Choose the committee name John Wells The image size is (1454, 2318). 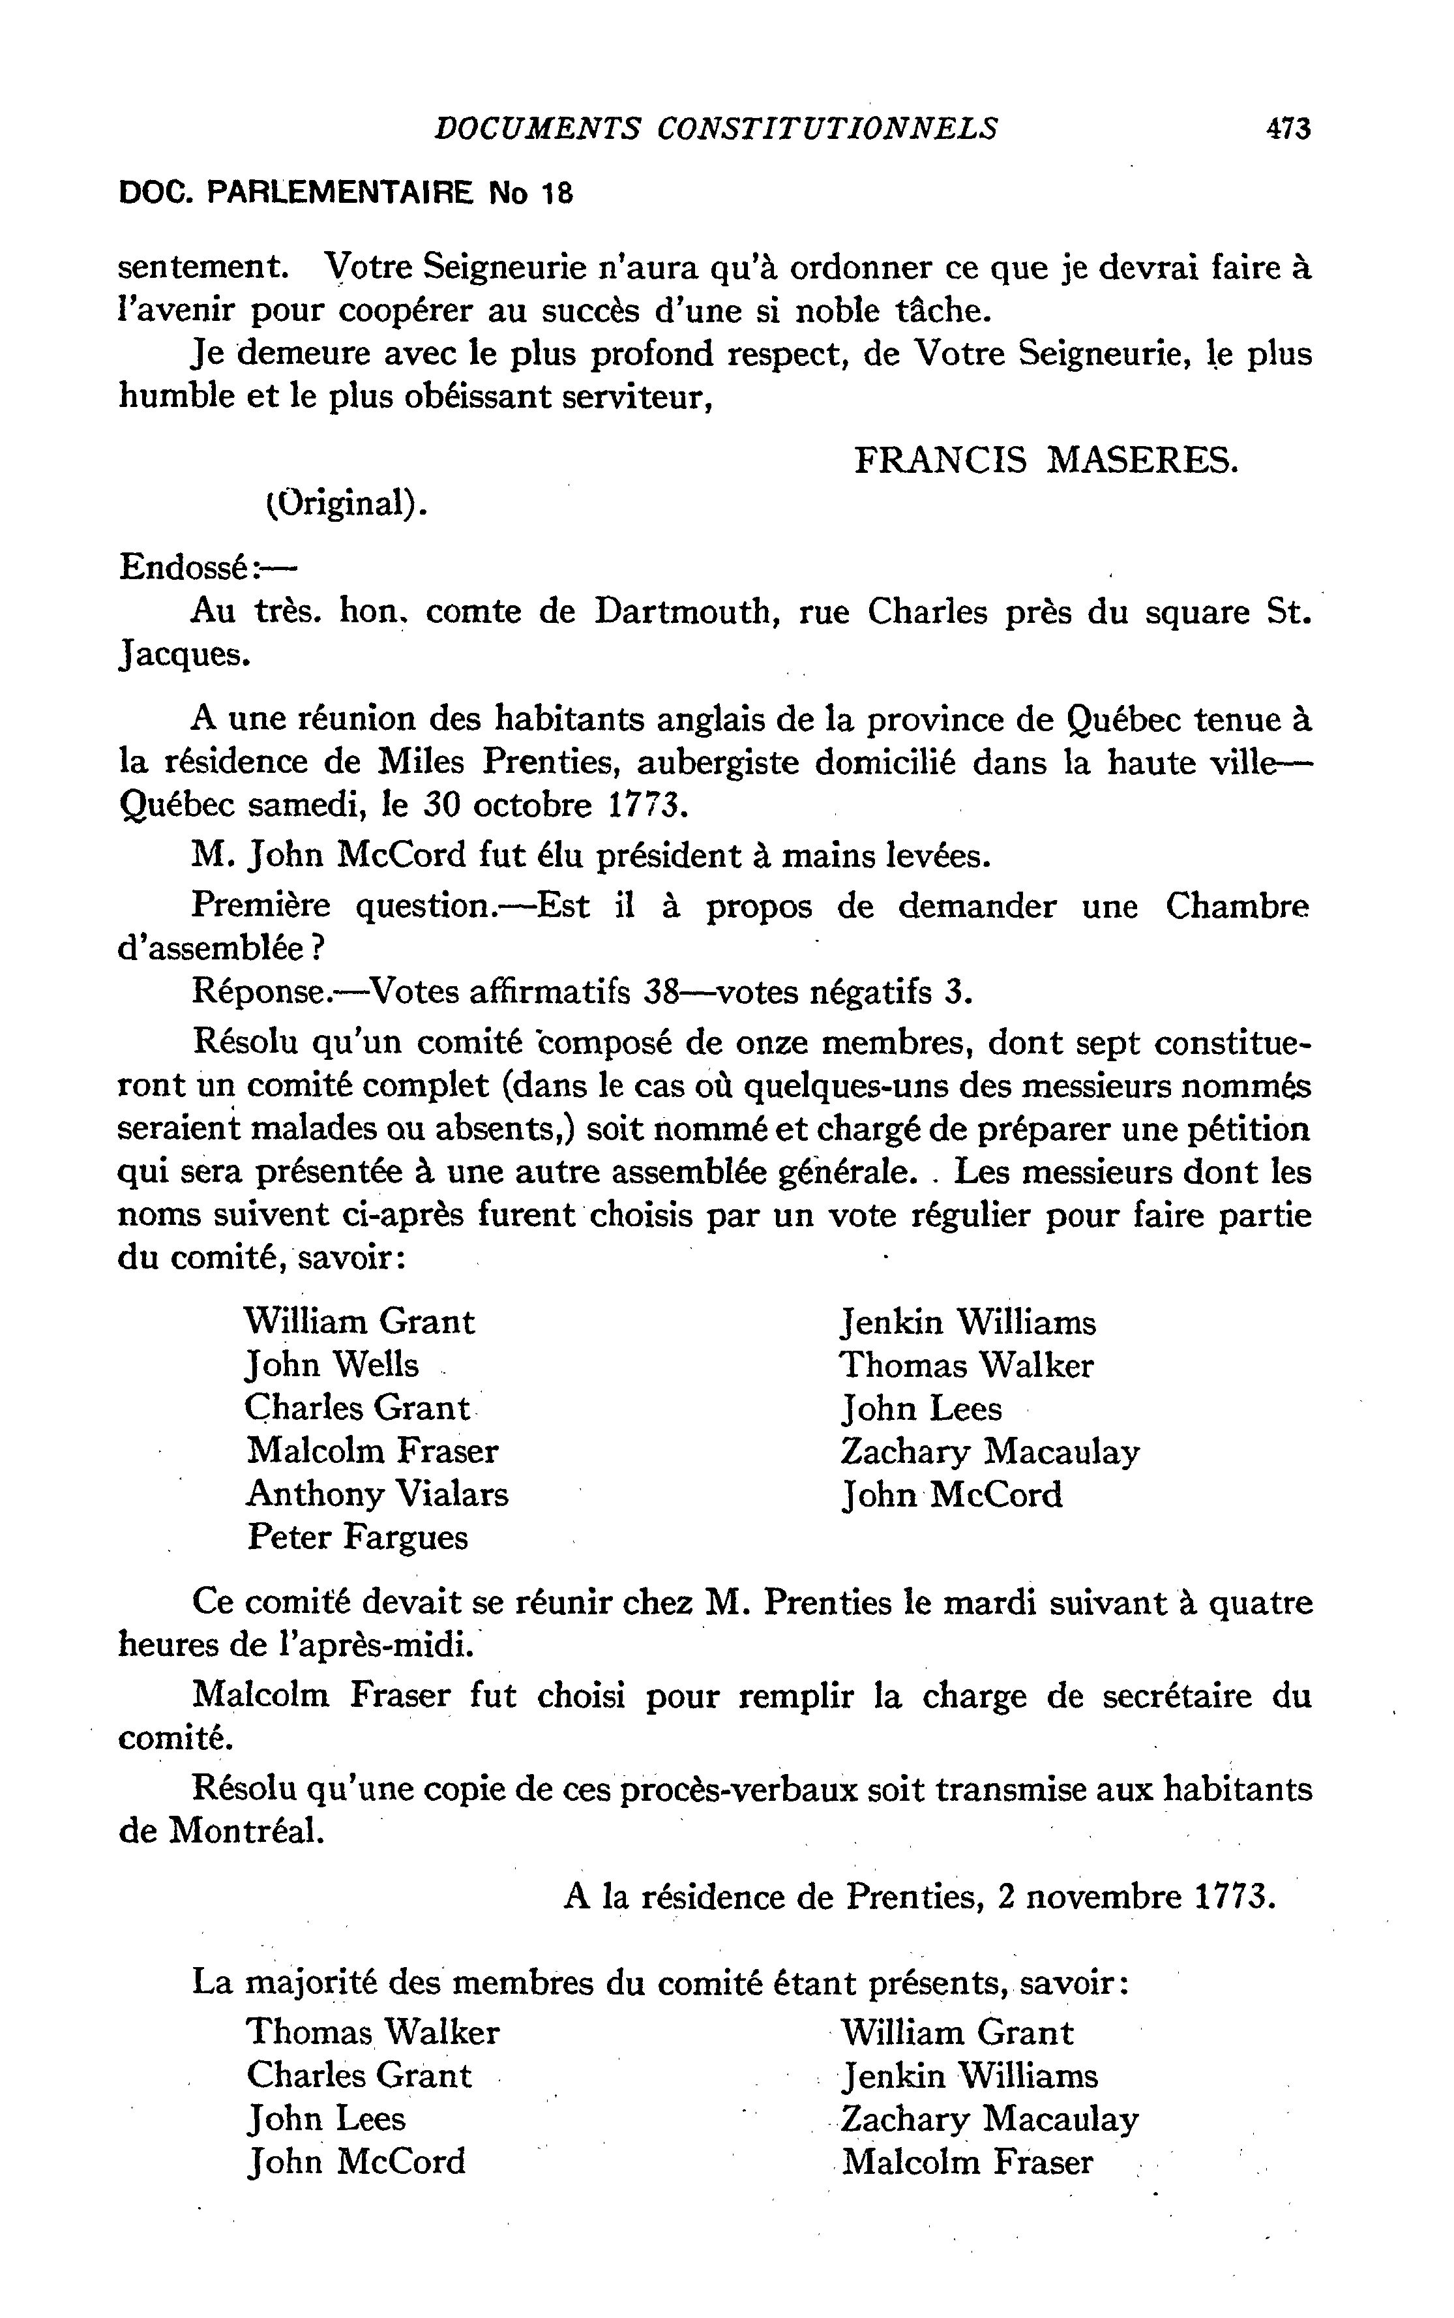(332, 1365)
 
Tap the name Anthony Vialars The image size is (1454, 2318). (377, 1494)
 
